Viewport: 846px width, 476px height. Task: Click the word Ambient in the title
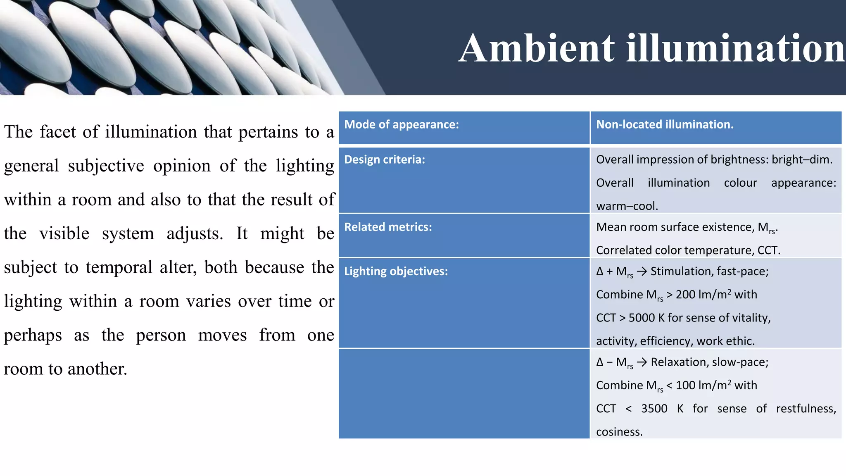coord(537,48)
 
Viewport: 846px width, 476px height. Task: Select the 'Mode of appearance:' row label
coord(402,124)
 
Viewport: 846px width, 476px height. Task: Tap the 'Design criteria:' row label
coord(385,159)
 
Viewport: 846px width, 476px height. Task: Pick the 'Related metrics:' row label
coord(388,227)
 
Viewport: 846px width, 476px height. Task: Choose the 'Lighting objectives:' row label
coord(396,271)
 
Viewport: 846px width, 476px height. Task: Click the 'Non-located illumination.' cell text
coord(665,124)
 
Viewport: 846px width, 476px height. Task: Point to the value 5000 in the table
coord(642,318)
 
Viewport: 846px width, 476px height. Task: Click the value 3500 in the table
coord(654,409)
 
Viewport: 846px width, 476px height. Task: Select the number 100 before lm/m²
coord(685,386)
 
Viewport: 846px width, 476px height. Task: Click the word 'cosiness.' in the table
coord(619,432)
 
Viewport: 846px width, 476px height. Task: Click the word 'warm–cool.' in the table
coord(627,206)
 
